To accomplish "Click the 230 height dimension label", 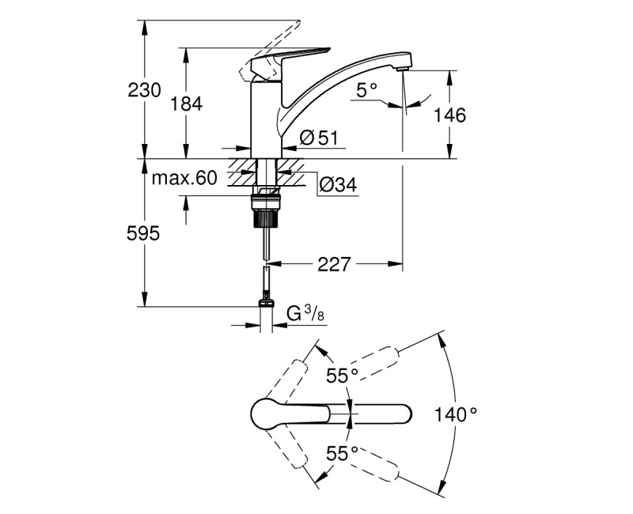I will pyautogui.click(x=145, y=90).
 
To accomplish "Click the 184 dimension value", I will pyautogui.click(x=187, y=103).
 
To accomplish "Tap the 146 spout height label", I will pyautogui.click(x=449, y=115).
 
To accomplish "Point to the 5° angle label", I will pyautogui.click(x=366, y=90).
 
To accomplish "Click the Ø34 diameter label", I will pyautogui.click(x=338, y=185).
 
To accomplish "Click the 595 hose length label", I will pyautogui.click(x=145, y=233).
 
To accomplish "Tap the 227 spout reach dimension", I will pyautogui.click(x=334, y=264).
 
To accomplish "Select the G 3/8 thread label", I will pyautogui.click(x=305, y=314).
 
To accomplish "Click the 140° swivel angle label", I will pyautogui.click(x=457, y=413).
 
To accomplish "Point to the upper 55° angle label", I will pyautogui.click(x=343, y=376).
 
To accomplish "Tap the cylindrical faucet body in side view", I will pyautogui.click(x=266, y=119).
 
